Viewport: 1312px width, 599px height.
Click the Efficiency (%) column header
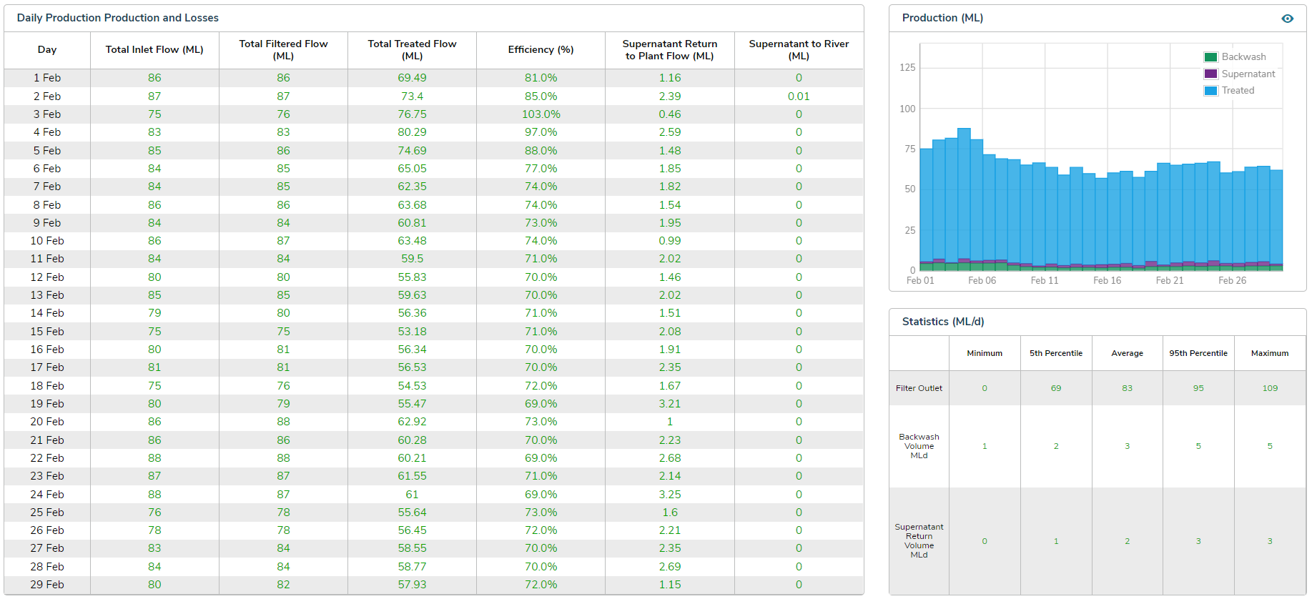(x=541, y=49)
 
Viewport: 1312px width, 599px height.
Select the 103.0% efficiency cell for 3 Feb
(x=541, y=114)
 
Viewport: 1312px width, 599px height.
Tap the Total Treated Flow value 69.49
(x=412, y=78)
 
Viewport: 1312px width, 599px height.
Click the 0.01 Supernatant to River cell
(x=799, y=96)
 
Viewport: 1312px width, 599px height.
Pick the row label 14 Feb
(x=47, y=313)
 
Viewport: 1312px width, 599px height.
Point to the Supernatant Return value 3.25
(x=669, y=495)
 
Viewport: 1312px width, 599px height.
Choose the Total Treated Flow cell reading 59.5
(x=412, y=259)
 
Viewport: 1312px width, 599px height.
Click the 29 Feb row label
(x=47, y=585)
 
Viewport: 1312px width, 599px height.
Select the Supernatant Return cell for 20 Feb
(x=669, y=422)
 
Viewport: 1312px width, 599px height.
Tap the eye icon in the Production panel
(x=1287, y=19)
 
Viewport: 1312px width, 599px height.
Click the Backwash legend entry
(x=1243, y=57)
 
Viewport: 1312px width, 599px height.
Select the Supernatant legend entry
(x=1248, y=74)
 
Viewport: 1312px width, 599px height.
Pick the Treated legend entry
(x=1237, y=91)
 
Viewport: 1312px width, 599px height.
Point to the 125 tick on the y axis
(x=907, y=68)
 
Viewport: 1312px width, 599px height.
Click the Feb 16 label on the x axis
(x=1107, y=281)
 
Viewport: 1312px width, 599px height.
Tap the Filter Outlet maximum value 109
(x=1269, y=388)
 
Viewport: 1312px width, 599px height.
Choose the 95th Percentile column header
(x=1198, y=353)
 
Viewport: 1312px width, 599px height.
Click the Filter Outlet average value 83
(x=1127, y=388)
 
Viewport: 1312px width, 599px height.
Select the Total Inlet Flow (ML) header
(x=154, y=49)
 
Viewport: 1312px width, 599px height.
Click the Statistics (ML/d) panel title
(x=942, y=322)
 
